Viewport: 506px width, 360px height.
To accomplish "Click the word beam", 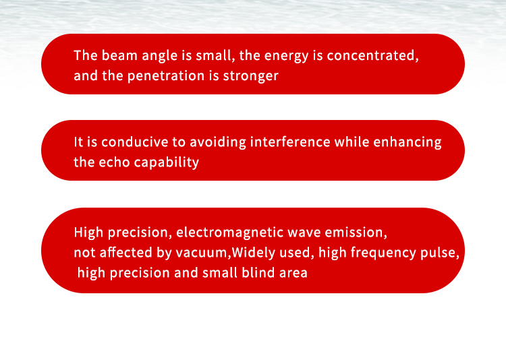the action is click(x=119, y=55).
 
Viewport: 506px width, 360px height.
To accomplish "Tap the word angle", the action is click(x=160, y=56).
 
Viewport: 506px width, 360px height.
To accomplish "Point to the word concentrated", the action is click(x=372, y=55).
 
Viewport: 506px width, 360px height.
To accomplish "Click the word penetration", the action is click(x=166, y=76).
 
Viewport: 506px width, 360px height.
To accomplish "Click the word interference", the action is click(x=290, y=142).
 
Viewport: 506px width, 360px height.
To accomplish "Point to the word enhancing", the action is click(x=407, y=142).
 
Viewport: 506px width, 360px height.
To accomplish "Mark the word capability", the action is click(x=166, y=162).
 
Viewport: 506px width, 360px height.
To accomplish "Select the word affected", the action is click(x=126, y=252).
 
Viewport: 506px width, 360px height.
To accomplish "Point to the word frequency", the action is click(x=383, y=253).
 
